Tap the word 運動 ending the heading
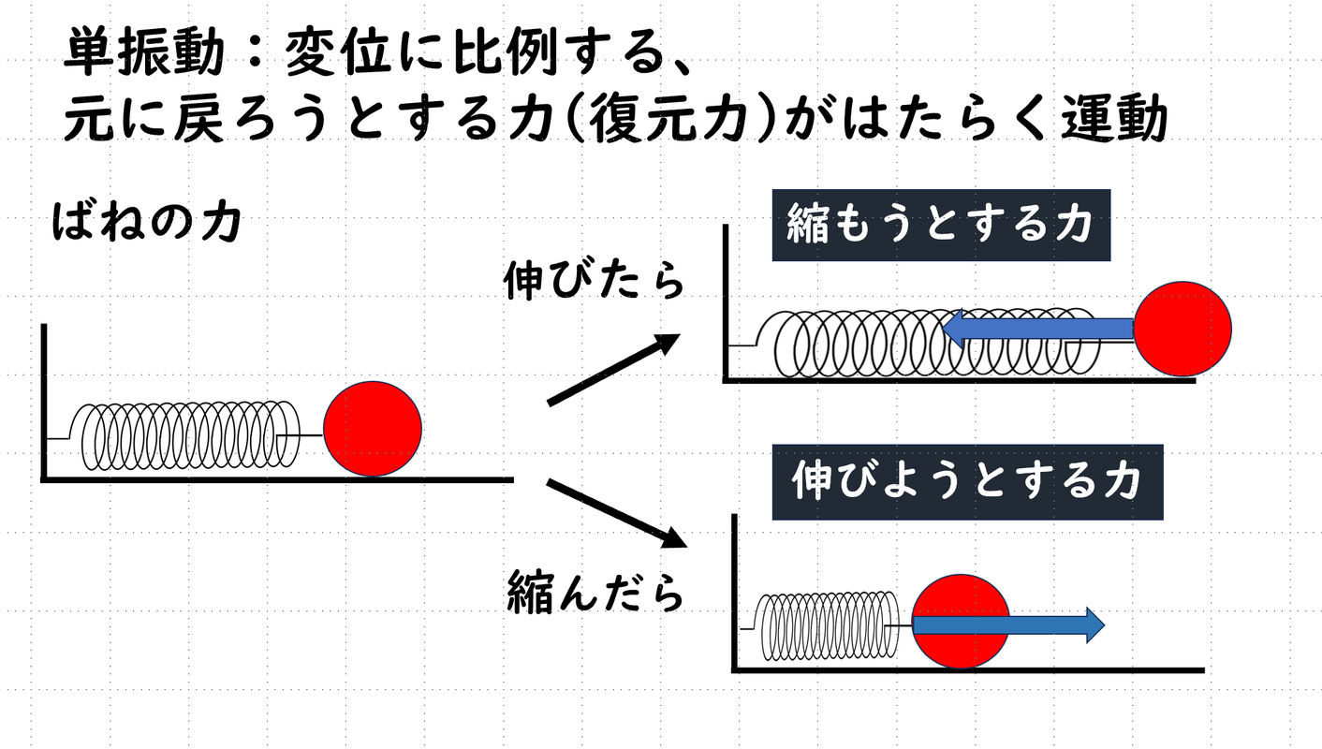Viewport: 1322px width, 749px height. pyautogui.click(x=1114, y=117)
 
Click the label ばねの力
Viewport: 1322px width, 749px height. pyautogui.click(x=147, y=223)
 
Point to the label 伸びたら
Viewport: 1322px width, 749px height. pyautogui.click(x=594, y=279)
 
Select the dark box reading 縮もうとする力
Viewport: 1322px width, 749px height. pyautogui.click(x=941, y=225)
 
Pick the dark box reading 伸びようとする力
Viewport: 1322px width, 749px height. pyautogui.click(x=968, y=482)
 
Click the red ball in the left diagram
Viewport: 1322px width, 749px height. pyautogui.click(x=373, y=429)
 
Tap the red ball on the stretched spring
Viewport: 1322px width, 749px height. pyautogui.click(x=1182, y=329)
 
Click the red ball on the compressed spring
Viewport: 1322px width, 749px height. pyautogui.click(x=961, y=622)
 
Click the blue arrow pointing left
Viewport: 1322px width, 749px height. pyautogui.click(x=1038, y=329)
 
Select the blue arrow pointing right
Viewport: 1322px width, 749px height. pyautogui.click(x=1008, y=625)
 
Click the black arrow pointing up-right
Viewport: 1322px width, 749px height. pyautogui.click(x=614, y=370)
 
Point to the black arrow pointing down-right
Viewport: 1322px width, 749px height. pyautogui.click(x=617, y=513)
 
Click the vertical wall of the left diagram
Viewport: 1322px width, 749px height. pyautogui.click(x=44, y=403)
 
